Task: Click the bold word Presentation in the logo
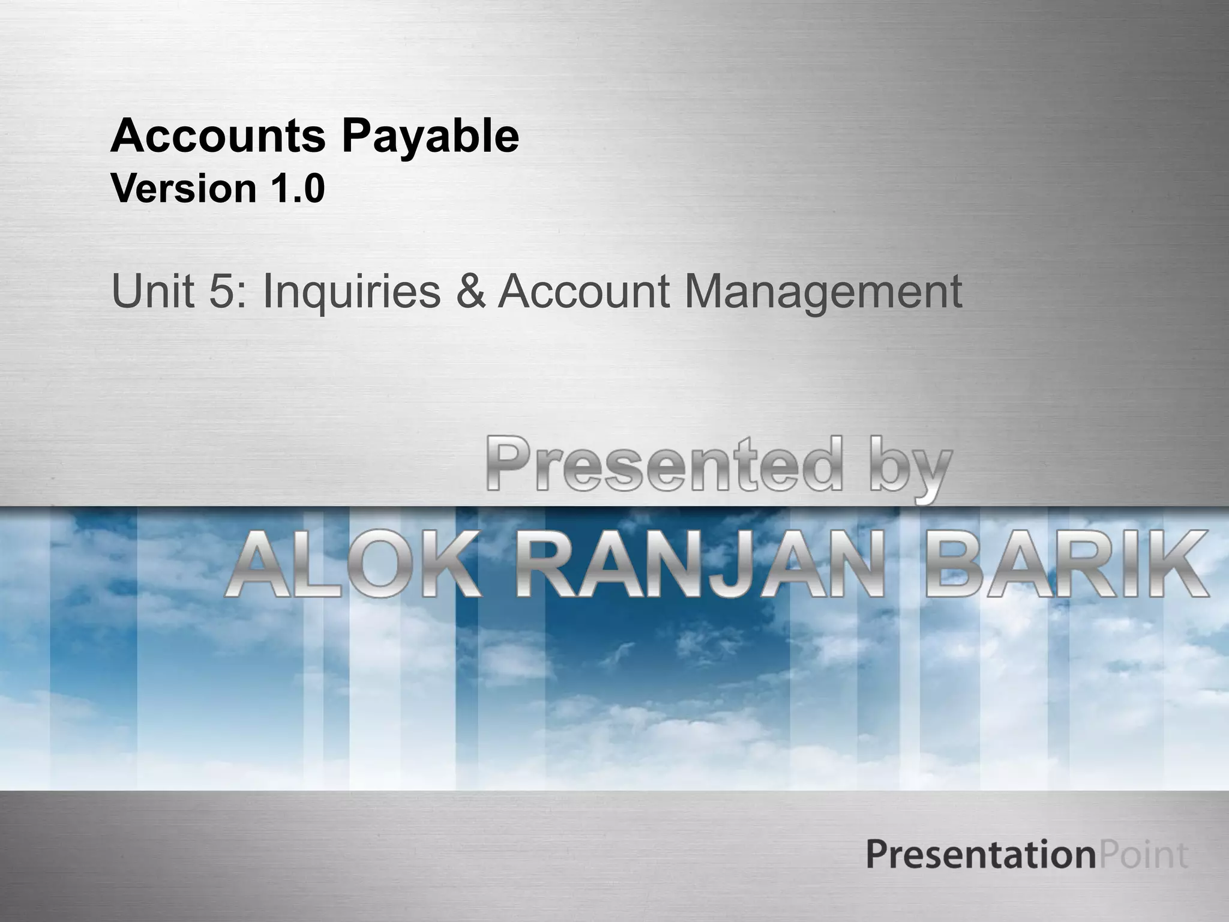click(981, 855)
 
